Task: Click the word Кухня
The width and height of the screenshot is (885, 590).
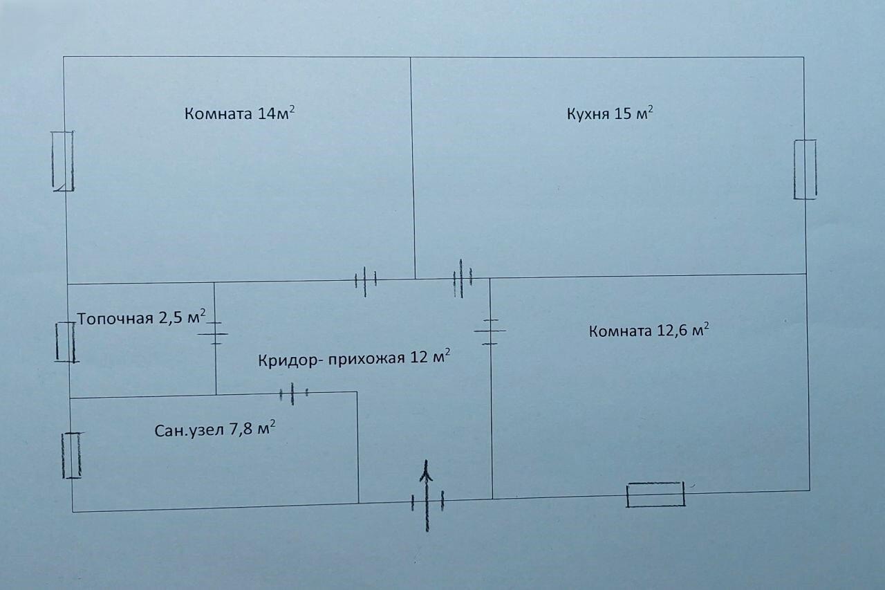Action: (588, 114)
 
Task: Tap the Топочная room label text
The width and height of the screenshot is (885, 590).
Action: (115, 319)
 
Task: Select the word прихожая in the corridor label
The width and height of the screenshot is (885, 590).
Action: (368, 360)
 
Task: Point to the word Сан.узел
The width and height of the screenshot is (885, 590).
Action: (189, 430)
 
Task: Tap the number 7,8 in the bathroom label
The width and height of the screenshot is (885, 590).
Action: (242, 430)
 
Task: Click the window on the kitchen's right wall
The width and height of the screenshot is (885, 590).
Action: (805, 169)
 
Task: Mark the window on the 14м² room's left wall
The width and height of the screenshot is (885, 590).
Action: (63, 160)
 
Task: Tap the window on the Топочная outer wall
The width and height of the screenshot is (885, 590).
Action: (66, 342)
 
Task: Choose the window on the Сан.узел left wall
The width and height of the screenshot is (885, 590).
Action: (71, 455)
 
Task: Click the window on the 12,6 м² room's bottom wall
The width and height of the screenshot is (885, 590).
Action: (655, 495)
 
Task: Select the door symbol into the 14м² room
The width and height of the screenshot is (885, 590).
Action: (365, 280)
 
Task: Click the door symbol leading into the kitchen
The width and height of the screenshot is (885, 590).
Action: (461, 279)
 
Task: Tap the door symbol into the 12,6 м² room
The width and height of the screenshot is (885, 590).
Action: (490, 331)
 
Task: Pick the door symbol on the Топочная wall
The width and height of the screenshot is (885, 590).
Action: (215, 333)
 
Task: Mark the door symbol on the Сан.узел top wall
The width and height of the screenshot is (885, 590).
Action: (293, 394)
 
